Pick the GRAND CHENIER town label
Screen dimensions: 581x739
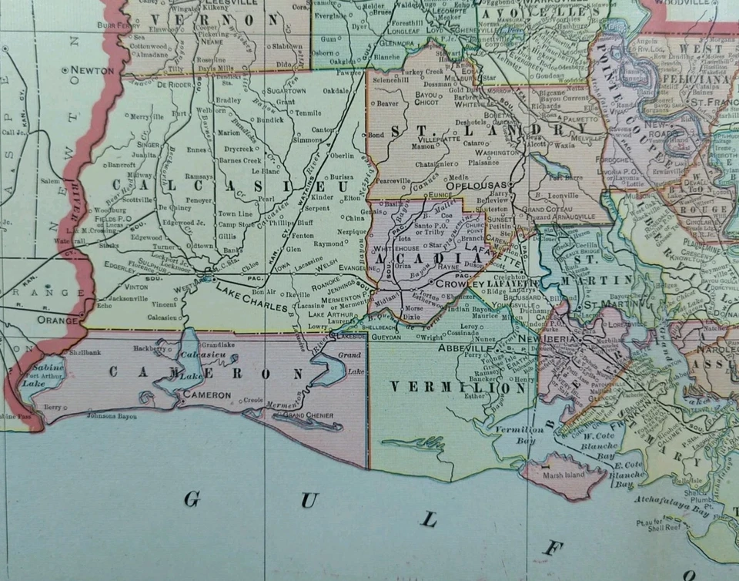(x=309, y=416)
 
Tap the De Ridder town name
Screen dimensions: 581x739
(x=174, y=86)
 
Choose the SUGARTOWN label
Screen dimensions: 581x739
(x=286, y=90)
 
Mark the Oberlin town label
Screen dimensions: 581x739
(x=341, y=155)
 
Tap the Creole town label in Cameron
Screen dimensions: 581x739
(x=252, y=400)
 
